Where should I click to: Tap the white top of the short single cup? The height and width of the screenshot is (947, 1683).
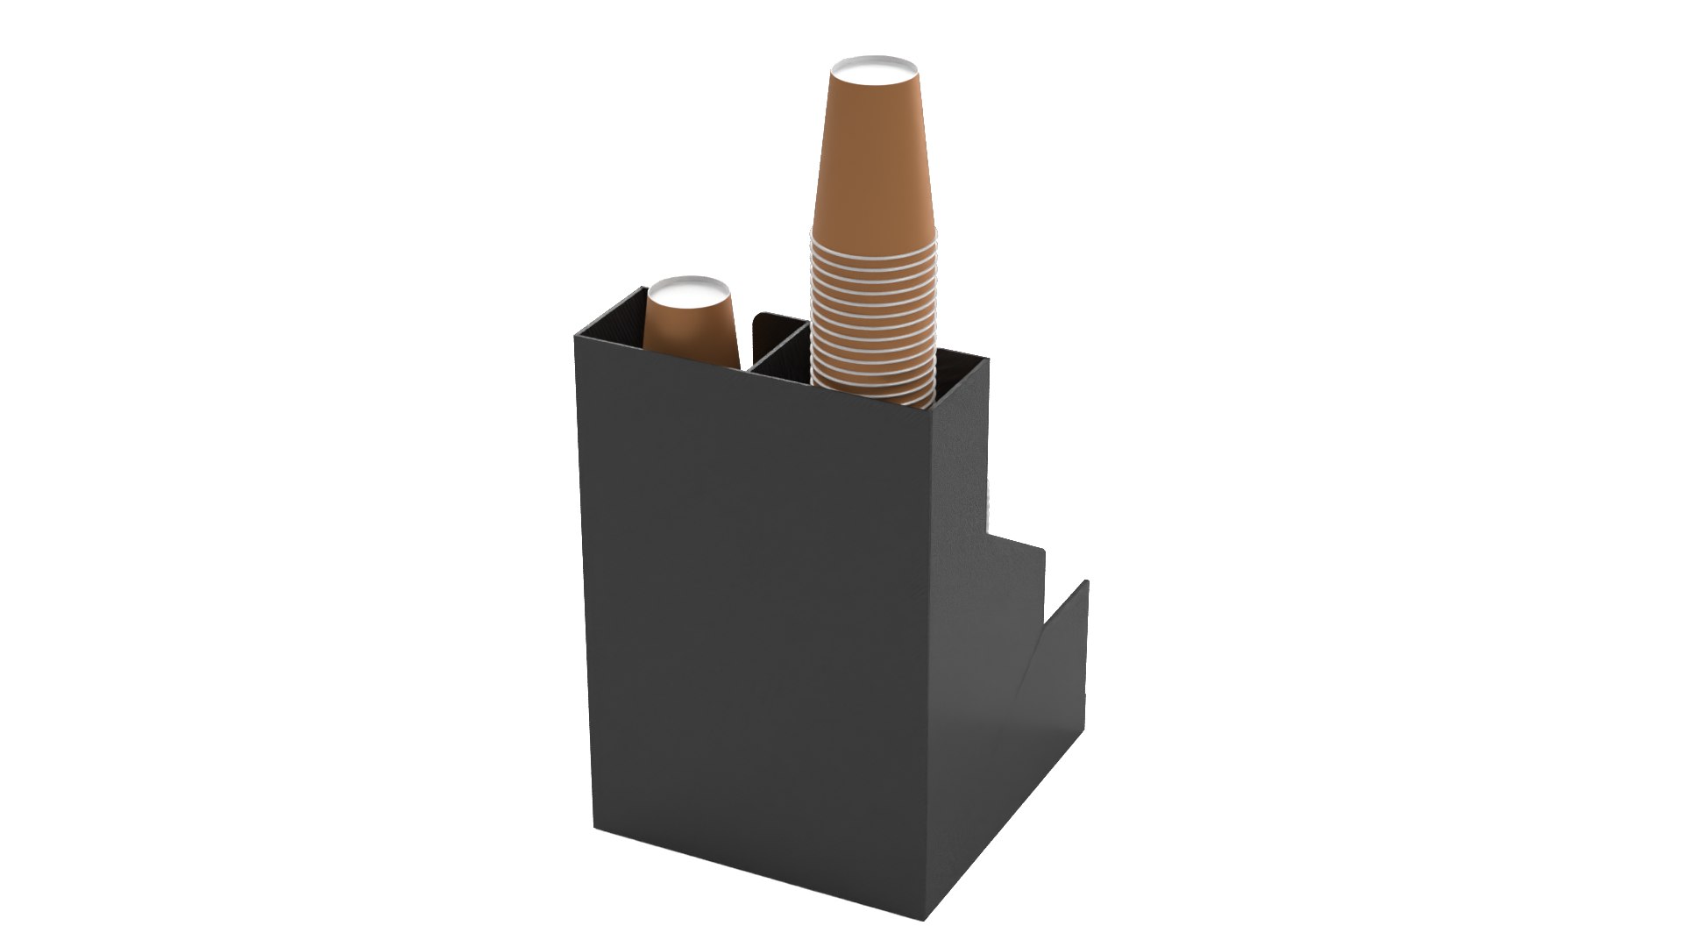click(687, 288)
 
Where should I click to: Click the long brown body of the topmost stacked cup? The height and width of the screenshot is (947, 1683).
click(872, 158)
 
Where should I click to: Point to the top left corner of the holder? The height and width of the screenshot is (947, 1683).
click(577, 334)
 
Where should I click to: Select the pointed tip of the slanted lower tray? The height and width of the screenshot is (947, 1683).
click(1086, 582)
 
